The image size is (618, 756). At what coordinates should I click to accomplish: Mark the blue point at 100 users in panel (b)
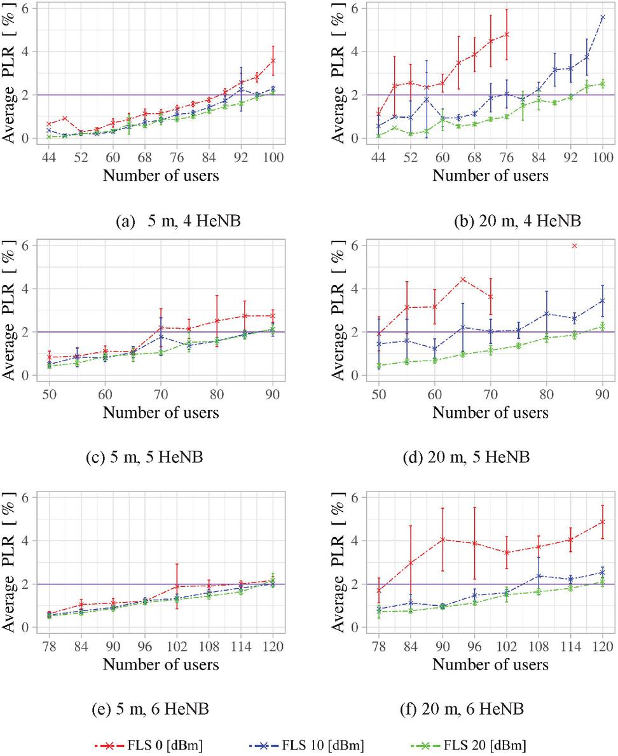(x=602, y=17)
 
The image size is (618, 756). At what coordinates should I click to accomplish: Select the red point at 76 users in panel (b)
(x=507, y=34)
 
